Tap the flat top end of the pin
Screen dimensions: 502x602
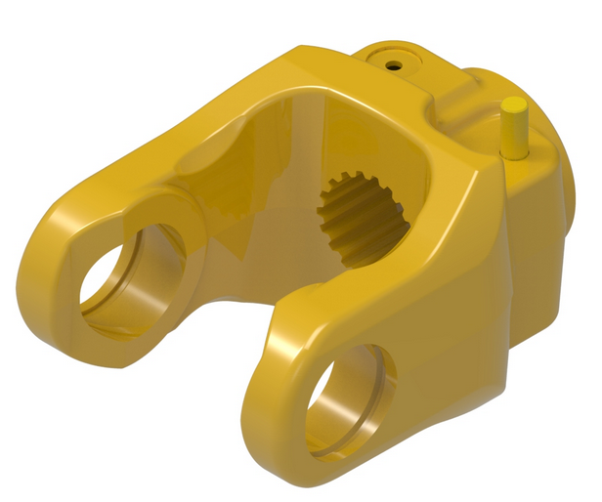[515, 104]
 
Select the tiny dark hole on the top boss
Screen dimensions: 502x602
[393, 65]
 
